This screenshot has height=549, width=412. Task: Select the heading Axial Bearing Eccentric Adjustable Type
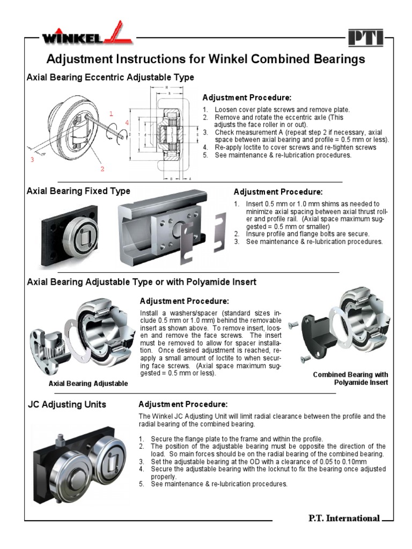click(110, 78)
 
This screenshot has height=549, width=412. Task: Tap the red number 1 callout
click(111, 114)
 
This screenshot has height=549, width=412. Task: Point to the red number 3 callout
click(32, 159)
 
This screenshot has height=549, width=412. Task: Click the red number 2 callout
click(102, 169)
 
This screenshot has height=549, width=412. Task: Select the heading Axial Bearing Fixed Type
click(78, 191)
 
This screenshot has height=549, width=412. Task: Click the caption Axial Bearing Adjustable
click(88, 383)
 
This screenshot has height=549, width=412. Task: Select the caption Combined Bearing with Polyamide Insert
click(350, 379)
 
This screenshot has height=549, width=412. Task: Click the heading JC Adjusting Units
click(67, 405)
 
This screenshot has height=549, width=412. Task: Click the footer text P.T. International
click(344, 518)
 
